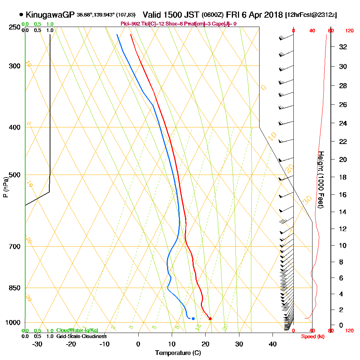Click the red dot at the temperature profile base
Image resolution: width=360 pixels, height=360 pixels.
(x=210, y=318)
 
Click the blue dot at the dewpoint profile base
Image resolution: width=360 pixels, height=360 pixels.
(x=193, y=318)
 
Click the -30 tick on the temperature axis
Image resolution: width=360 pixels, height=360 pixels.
(x=37, y=344)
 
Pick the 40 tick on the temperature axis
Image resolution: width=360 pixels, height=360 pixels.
(x=273, y=344)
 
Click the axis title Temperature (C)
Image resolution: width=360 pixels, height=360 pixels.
(x=178, y=353)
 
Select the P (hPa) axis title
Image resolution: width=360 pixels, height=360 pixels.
(x=5, y=187)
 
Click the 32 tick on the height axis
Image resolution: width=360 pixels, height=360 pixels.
(x=343, y=46)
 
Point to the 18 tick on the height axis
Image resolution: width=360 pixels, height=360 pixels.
(x=343, y=177)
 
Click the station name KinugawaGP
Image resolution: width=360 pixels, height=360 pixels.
(x=50, y=15)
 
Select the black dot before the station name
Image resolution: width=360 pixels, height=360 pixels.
(x=21, y=15)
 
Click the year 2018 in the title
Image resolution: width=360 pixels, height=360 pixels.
(x=273, y=15)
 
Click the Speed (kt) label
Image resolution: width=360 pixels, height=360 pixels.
(x=311, y=336)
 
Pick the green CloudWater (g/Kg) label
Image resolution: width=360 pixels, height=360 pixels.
(x=77, y=330)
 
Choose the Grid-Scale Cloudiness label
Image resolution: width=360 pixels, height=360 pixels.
(x=81, y=336)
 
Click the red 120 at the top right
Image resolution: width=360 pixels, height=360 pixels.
(x=349, y=31)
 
